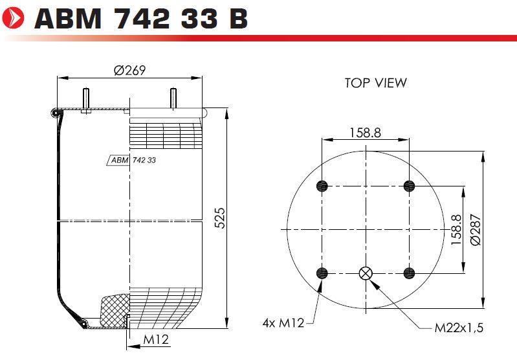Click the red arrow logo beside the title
[x=12, y=18]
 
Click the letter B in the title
[x=237, y=19]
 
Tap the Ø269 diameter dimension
[x=129, y=71]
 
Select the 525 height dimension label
[x=220, y=218]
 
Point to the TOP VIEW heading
[x=375, y=83]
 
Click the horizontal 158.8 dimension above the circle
[x=365, y=133]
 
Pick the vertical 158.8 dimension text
[x=457, y=230]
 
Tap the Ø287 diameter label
[x=476, y=230]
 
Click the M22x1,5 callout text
[x=459, y=328]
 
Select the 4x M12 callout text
[x=283, y=322]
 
